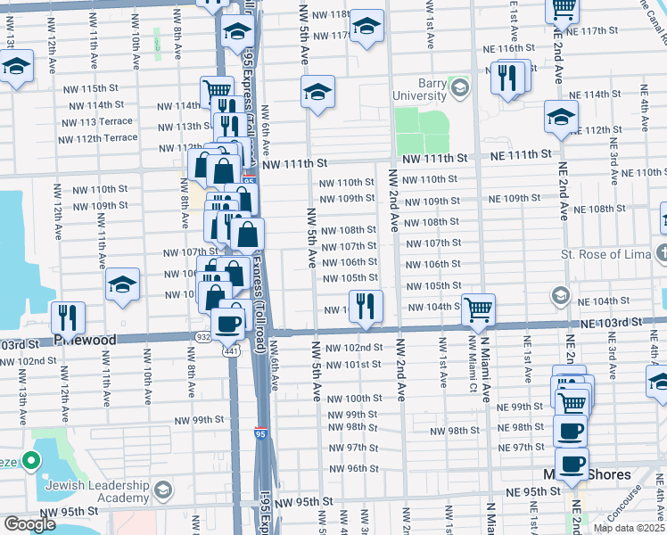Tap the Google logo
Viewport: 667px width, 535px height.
tap(29, 524)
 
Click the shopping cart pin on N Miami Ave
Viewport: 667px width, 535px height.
tap(479, 310)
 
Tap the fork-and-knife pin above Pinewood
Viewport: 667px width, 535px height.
tap(68, 317)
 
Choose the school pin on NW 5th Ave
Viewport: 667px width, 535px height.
tap(317, 91)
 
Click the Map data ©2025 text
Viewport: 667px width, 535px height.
tap(628, 528)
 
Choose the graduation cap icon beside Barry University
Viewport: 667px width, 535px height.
tap(459, 87)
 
